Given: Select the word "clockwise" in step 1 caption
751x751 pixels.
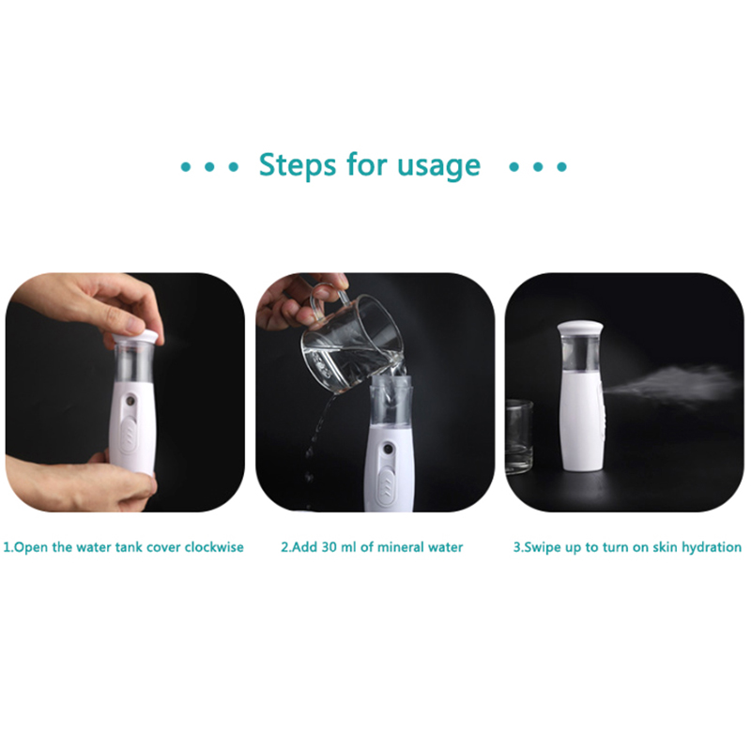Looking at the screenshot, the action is click(214, 547).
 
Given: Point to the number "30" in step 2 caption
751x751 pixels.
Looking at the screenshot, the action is click(330, 547).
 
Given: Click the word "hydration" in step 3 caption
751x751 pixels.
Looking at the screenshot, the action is click(712, 547).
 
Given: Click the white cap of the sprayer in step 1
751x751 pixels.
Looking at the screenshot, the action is click(137, 336).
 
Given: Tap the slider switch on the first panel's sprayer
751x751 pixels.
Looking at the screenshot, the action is click(130, 434).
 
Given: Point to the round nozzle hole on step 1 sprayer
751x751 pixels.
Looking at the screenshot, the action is click(130, 400).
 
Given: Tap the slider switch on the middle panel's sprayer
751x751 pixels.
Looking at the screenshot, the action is click(386, 487).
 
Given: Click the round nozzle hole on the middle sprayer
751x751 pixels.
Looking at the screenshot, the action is click(386, 452).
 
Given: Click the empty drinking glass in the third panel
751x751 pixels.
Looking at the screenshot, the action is click(519, 436).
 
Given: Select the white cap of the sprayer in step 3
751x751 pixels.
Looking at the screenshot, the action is click(579, 330).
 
